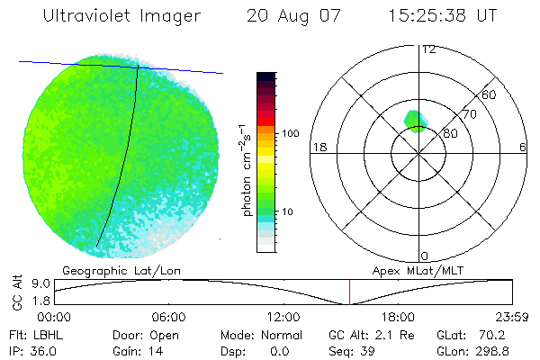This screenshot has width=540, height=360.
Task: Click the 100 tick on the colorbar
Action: click(x=291, y=133)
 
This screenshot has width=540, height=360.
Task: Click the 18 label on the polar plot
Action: click(x=318, y=147)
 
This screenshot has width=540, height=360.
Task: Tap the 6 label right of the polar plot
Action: click(x=523, y=147)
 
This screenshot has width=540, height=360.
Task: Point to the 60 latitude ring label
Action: click(x=490, y=94)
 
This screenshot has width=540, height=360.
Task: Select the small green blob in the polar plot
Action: click(x=415, y=120)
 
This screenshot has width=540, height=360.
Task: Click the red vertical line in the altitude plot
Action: click(x=350, y=292)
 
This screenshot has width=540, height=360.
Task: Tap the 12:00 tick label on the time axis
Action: click(x=283, y=317)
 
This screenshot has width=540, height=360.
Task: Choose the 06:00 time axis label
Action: click(x=168, y=317)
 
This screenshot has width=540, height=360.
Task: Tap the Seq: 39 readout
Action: click(x=355, y=350)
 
